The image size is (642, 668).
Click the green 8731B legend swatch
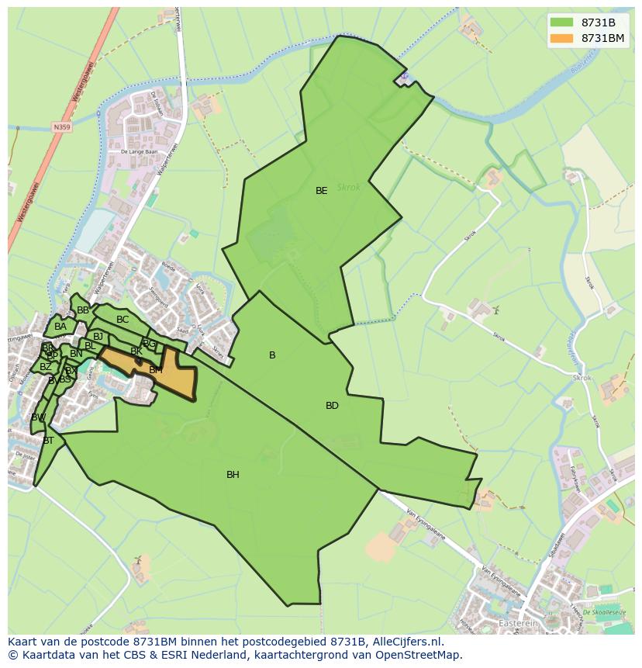click(562, 22)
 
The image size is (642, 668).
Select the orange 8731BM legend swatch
click(562, 38)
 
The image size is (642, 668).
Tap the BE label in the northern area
click(321, 191)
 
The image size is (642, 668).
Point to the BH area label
click(233, 475)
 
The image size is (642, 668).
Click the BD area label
click(332, 406)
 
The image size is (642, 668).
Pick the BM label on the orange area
click(156, 371)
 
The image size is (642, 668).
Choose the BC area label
click(123, 320)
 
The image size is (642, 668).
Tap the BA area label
click(60, 327)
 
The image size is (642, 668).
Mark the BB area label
click(83, 310)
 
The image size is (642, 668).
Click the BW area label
click(38, 417)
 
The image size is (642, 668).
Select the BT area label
click(48, 441)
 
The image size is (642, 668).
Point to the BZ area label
click(46, 367)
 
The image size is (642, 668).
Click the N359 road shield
click(61, 126)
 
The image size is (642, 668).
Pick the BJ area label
click(98, 337)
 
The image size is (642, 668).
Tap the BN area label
click(76, 354)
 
